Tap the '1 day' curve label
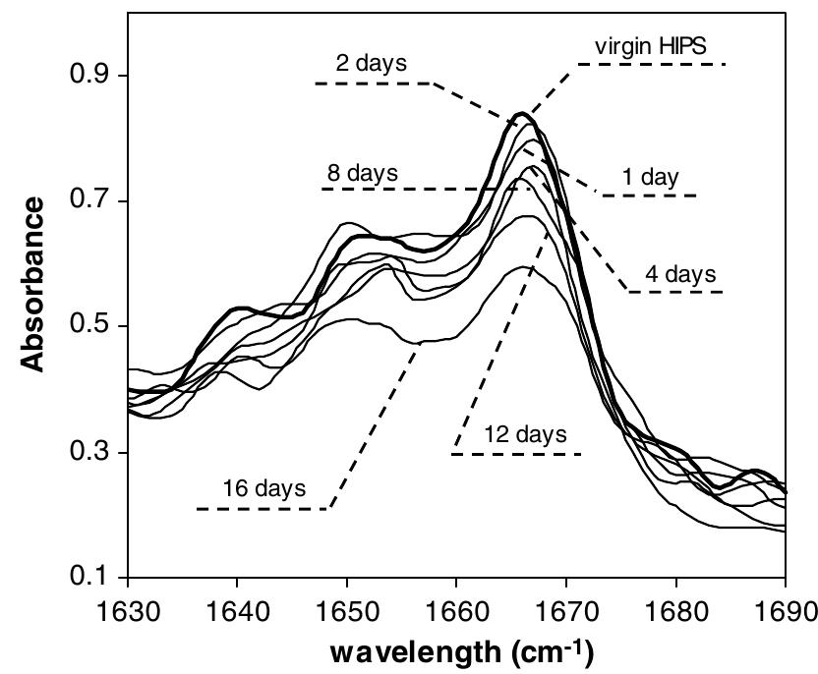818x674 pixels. [x=650, y=178]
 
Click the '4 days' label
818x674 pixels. [x=680, y=273]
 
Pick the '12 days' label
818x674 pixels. [x=526, y=434]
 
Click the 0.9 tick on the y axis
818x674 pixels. [x=84, y=77]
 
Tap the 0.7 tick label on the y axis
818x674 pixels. [x=84, y=201]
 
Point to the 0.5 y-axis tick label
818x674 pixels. [x=84, y=327]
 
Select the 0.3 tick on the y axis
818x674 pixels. [x=84, y=453]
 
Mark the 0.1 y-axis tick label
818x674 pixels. [x=84, y=578]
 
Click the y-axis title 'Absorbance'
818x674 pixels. [x=33, y=284]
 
